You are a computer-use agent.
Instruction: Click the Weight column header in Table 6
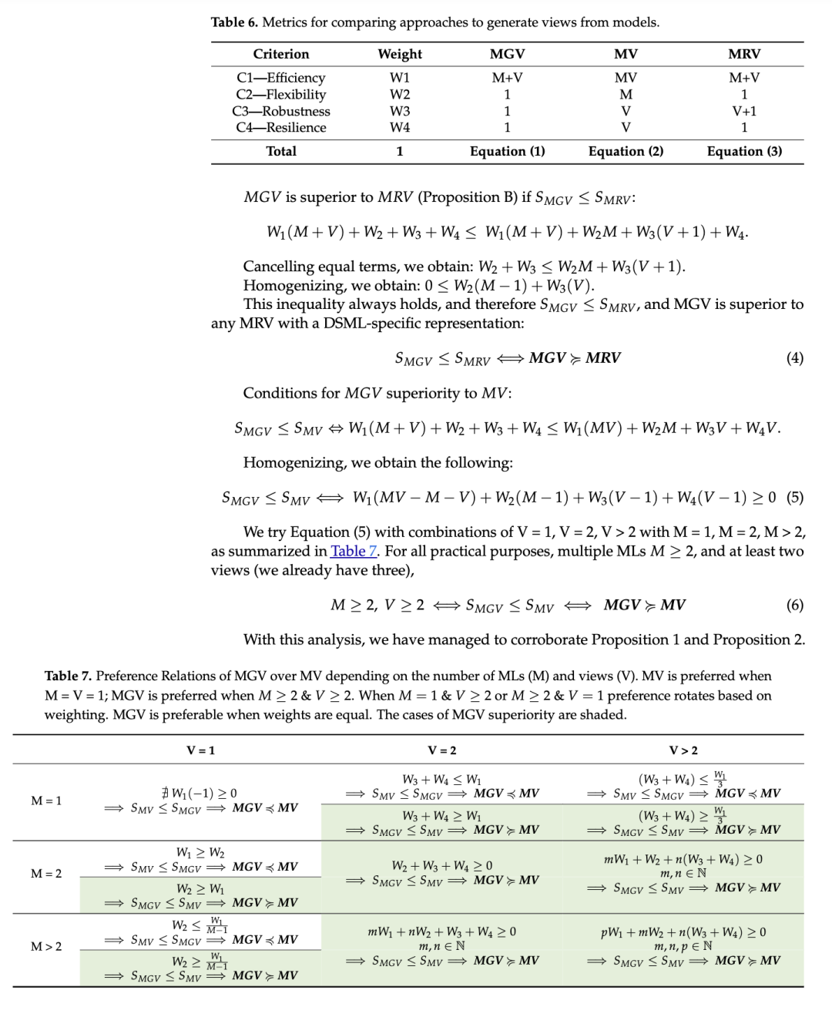click(400, 54)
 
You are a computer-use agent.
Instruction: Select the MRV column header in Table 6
click(743, 54)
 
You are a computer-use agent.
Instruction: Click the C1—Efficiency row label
click(281, 78)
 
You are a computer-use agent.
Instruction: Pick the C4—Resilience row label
click(281, 127)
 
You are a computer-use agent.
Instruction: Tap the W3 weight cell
click(400, 111)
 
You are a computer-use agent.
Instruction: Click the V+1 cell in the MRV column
click(744, 111)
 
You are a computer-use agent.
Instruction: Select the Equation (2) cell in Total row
click(626, 151)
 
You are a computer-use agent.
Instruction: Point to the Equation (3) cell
click(744, 151)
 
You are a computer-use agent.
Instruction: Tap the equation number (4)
click(794, 358)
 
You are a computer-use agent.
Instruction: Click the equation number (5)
click(794, 497)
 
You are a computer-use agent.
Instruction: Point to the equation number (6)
click(794, 605)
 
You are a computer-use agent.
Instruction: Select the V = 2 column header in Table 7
click(442, 750)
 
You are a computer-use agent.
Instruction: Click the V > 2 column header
click(683, 750)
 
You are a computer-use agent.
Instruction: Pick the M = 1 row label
click(46, 801)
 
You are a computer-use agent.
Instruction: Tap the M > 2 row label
click(46, 946)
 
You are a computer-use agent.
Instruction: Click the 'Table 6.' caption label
click(234, 22)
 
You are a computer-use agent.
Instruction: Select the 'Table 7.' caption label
click(68, 676)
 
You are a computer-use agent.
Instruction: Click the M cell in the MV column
click(626, 94)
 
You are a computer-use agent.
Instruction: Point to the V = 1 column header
click(201, 750)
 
